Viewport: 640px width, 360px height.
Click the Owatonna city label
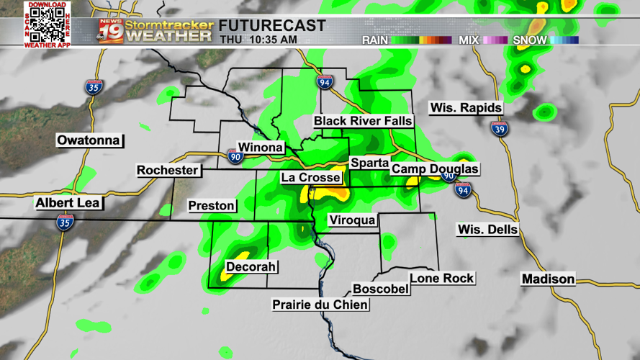pyautogui.click(x=89, y=140)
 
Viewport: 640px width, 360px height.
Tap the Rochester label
pyautogui.click(x=168, y=171)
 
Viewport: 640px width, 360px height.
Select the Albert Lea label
pyautogui.click(x=68, y=204)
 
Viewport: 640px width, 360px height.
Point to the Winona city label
pyautogui.click(x=260, y=148)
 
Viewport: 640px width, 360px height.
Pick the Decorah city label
pyautogui.click(x=251, y=267)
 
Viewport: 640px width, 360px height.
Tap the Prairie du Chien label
pyautogui.click(x=320, y=305)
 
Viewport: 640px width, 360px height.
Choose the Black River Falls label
pyautogui.click(x=363, y=121)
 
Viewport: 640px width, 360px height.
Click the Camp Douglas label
pyautogui.click(x=435, y=169)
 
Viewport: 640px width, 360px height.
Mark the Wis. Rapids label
pyautogui.click(x=466, y=108)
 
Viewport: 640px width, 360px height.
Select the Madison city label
pyautogui.click(x=549, y=279)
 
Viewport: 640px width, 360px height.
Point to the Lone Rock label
pyautogui.click(x=442, y=279)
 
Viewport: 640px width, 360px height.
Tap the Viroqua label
pyautogui.click(x=352, y=220)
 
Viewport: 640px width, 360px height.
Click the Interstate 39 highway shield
pyautogui.click(x=500, y=129)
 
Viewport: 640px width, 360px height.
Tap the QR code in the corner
pyautogui.click(x=47, y=24)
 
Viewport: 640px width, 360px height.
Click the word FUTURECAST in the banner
pyautogui.click(x=272, y=26)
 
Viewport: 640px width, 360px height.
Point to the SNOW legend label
pyautogui.click(x=530, y=40)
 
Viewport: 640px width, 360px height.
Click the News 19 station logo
pyautogui.click(x=111, y=31)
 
